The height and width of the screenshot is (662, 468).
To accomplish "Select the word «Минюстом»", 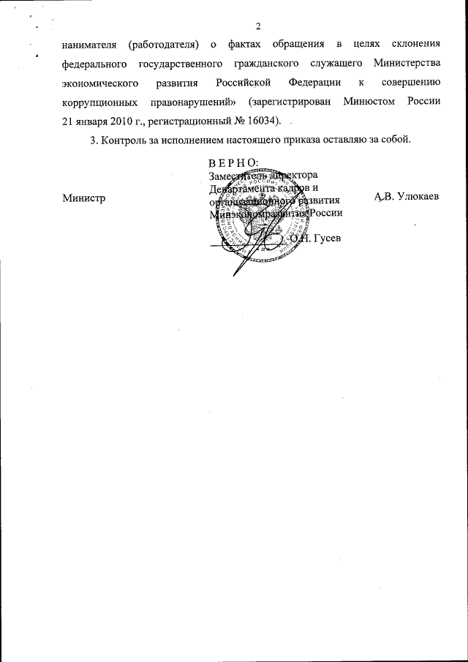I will point(369,101).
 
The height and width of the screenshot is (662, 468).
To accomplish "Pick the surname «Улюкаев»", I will point(414,198).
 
